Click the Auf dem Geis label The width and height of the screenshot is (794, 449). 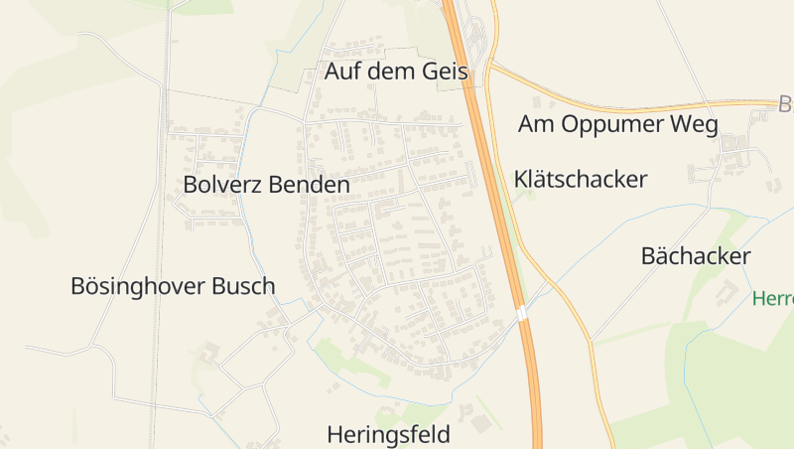(396, 72)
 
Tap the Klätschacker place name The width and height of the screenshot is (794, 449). (581, 179)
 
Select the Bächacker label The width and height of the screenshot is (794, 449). (696, 256)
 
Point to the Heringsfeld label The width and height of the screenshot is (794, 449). (389, 434)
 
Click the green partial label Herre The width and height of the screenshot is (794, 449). (772, 298)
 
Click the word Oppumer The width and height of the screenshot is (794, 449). (624, 124)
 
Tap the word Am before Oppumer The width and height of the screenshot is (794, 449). (537, 124)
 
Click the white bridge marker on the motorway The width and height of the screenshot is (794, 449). (521, 314)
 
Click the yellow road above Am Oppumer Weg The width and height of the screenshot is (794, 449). (635, 104)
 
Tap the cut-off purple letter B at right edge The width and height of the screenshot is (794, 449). (786, 103)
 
